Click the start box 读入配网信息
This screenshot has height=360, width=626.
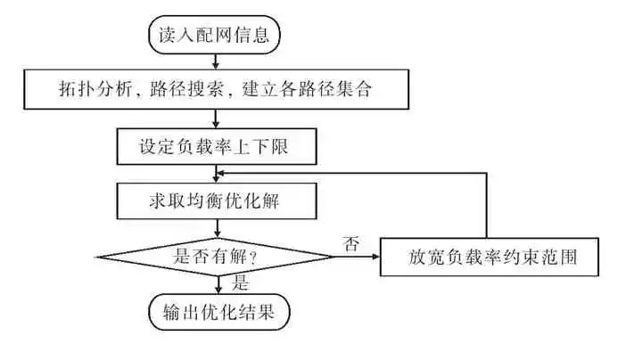tap(214, 36)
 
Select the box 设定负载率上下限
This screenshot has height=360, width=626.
tap(216, 145)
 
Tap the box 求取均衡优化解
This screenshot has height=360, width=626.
tap(216, 201)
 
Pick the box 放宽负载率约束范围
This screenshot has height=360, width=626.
tap(488, 258)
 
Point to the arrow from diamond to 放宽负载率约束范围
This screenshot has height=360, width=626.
tap(357, 258)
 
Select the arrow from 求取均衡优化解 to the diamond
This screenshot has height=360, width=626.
tap(217, 230)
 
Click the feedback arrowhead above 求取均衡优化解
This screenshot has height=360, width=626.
tap(221, 173)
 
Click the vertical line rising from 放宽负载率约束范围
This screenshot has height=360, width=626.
tap(488, 205)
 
